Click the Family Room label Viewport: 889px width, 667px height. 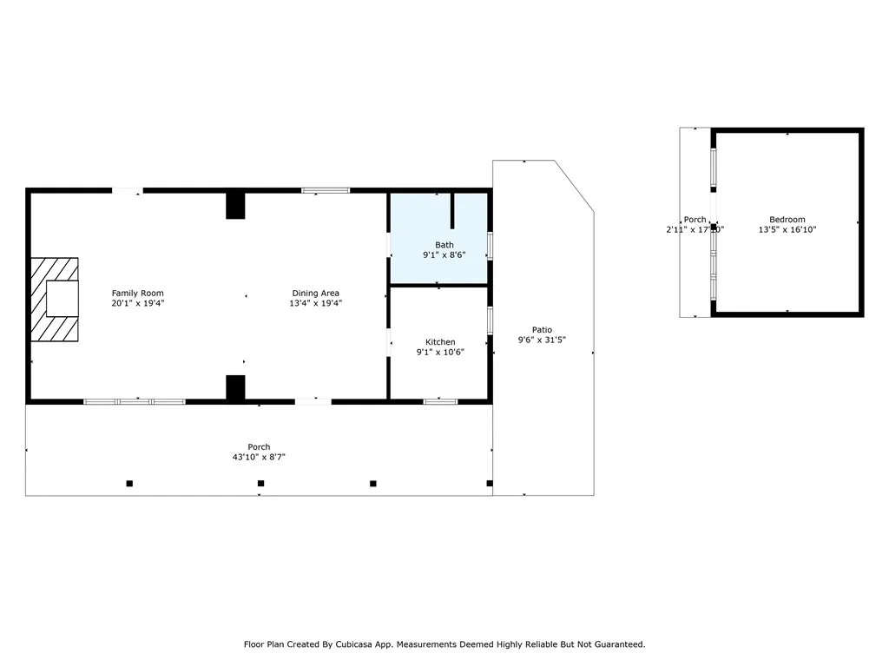coord(137,294)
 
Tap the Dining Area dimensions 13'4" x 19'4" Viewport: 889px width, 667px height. coord(316,304)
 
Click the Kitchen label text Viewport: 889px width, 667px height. coord(440,342)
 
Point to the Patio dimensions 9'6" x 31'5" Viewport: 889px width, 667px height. coord(543,340)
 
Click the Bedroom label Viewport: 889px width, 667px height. coord(787,220)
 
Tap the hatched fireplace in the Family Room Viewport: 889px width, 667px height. coord(55,300)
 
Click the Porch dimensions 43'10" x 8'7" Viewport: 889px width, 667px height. coord(259,457)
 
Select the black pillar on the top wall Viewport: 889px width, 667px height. coord(235,205)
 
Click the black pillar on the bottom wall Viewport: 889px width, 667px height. coord(235,387)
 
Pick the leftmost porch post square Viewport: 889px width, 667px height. coord(129,483)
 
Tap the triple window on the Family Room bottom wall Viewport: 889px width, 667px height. coord(135,401)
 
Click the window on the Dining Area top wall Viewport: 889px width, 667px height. coord(326,189)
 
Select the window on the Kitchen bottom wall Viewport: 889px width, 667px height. coord(440,401)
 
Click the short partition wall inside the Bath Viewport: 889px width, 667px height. coord(452,213)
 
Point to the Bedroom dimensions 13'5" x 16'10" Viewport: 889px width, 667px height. coord(787,230)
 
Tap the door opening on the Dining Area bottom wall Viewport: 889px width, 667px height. coord(313,401)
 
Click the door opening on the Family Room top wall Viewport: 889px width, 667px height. coord(127,189)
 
